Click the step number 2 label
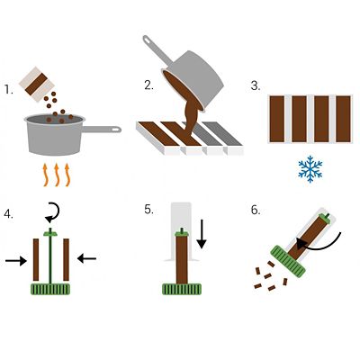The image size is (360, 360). coord(148,86)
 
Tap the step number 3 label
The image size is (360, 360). coord(256,86)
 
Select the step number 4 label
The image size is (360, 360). coord(9,214)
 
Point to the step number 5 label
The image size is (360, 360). coord(148,210)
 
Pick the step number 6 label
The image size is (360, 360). coord(256,210)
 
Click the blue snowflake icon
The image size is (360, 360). coord(310,169)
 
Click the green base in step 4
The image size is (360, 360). coord(50,289)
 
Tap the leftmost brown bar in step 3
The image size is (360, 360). coord(278,119)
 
